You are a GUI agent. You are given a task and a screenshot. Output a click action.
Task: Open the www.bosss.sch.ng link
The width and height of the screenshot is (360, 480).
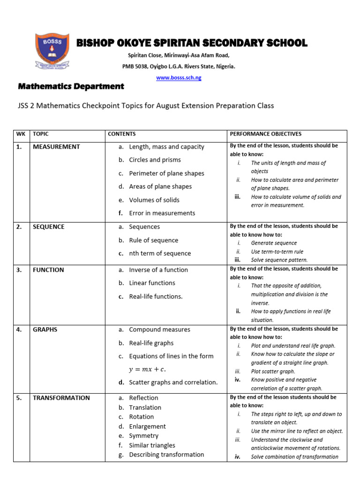click(179, 78)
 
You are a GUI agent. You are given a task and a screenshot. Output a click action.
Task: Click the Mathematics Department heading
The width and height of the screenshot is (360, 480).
click(71, 86)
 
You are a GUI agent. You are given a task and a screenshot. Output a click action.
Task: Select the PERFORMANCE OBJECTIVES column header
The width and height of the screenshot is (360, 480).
click(265, 134)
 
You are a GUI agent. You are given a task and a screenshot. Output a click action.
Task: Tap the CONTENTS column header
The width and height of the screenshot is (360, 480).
click(122, 134)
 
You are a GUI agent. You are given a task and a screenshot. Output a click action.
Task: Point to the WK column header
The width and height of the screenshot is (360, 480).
click(21, 134)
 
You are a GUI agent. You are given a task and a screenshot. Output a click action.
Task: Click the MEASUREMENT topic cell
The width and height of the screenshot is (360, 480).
click(56, 147)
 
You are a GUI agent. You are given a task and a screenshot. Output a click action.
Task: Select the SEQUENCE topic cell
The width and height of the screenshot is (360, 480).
click(49, 227)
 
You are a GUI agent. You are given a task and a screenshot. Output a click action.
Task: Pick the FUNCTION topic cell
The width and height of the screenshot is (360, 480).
click(48, 270)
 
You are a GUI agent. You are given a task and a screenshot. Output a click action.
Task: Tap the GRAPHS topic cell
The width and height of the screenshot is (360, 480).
click(45, 330)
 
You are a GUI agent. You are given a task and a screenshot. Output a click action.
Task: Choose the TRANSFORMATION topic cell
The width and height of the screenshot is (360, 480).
click(61, 398)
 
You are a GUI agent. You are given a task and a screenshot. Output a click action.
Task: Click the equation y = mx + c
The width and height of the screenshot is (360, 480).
click(147, 369)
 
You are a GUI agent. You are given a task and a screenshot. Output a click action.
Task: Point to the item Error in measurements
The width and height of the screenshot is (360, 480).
click(162, 213)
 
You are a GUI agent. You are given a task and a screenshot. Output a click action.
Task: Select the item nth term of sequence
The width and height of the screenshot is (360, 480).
click(160, 254)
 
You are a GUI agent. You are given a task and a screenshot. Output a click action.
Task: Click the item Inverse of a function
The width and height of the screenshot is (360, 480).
click(158, 270)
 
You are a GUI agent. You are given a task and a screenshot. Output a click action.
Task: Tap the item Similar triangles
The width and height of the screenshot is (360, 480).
click(152, 445)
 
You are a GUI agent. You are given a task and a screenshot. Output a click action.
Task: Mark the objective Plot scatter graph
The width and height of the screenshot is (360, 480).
click(272, 371)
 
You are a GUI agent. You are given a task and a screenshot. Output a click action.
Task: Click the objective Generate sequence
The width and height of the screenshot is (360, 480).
click(274, 243)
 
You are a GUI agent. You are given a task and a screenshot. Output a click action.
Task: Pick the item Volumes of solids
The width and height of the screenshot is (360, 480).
click(154, 200)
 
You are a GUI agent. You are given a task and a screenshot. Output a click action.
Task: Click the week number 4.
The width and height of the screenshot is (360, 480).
click(19, 330)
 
